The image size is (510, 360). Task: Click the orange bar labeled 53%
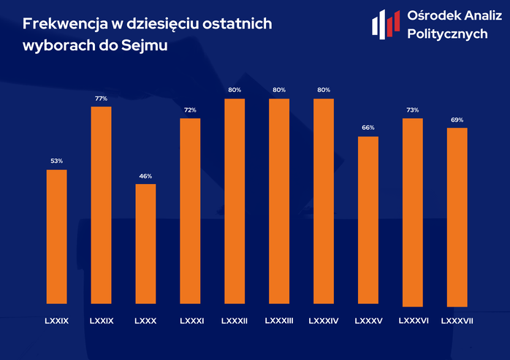pyautogui.click(x=56, y=237)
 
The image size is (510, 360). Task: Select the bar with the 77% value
pyautogui.click(x=101, y=205)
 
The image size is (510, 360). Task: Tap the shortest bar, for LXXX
pyautogui.click(x=145, y=244)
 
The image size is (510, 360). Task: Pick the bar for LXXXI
pyautogui.click(x=190, y=211)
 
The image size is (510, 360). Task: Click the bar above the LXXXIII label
pyautogui.click(x=279, y=202)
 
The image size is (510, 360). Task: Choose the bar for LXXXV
pyautogui.click(x=368, y=221)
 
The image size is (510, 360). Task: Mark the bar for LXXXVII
pyautogui.click(x=457, y=217)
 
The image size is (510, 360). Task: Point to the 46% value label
pyautogui.click(x=145, y=176)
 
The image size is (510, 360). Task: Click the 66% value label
pyautogui.click(x=368, y=128)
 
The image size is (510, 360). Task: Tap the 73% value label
pyautogui.click(x=412, y=110)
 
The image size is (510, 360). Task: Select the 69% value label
pyautogui.click(x=457, y=120)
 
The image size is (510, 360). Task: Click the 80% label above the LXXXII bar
pyautogui.click(x=235, y=90)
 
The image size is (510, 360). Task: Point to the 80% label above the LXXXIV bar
pyautogui.click(x=324, y=90)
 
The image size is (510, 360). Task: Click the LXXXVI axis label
pyautogui.click(x=414, y=321)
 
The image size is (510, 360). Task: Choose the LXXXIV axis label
pyautogui.click(x=324, y=321)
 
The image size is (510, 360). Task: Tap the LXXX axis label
pyautogui.click(x=145, y=321)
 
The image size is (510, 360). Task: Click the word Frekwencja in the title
pyautogui.click(x=65, y=24)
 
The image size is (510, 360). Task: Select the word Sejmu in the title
pyautogui.click(x=145, y=45)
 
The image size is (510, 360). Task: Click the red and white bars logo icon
pyautogui.click(x=386, y=24)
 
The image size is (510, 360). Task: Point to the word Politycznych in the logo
pyautogui.click(x=448, y=34)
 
